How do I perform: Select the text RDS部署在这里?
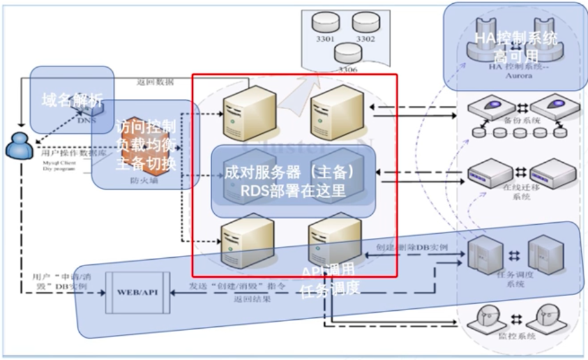pyautogui.click(x=293, y=191)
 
